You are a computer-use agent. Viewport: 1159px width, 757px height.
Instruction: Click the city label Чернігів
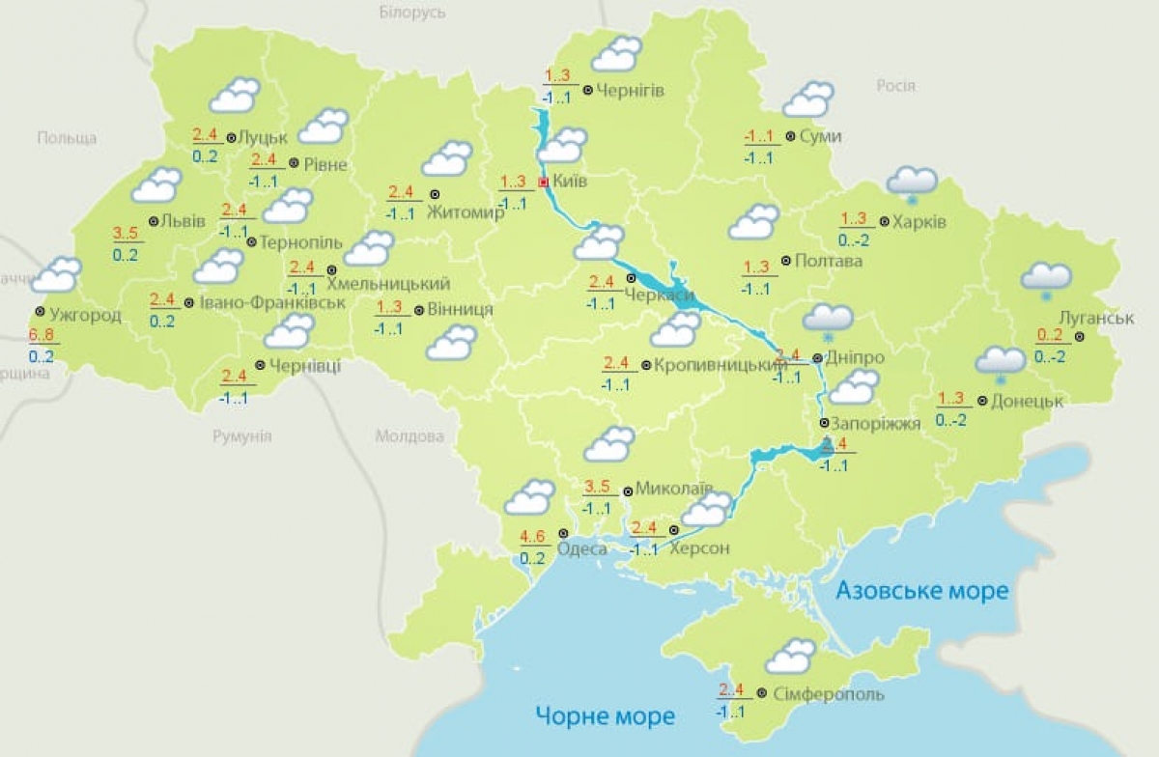tap(631, 91)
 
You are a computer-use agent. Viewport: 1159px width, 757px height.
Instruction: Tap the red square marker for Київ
tap(543, 182)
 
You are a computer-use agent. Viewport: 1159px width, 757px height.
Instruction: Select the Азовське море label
tap(921, 590)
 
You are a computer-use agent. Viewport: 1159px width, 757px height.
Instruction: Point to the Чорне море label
tap(606, 715)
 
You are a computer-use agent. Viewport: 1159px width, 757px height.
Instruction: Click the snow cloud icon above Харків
tap(913, 182)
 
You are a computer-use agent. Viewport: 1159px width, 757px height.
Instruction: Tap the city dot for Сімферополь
tap(762, 693)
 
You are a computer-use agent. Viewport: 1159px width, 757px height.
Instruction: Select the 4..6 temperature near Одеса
tap(533, 536)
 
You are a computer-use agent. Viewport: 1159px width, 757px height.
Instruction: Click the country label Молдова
tap(404, 436)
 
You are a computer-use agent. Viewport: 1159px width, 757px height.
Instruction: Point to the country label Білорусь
tap(412, 13)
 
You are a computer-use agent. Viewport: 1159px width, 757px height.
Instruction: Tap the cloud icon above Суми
tap(808, 99)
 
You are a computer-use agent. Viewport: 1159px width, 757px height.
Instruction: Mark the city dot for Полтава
tap(786, 261)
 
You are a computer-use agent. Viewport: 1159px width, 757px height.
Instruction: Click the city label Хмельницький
tap(388, 284)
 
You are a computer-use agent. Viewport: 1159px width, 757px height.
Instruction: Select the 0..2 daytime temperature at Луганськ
tap(1049, 335)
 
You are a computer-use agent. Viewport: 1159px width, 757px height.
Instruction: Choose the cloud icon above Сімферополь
tap(790, 656)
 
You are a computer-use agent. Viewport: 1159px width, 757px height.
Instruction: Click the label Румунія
tap(242, 436)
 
